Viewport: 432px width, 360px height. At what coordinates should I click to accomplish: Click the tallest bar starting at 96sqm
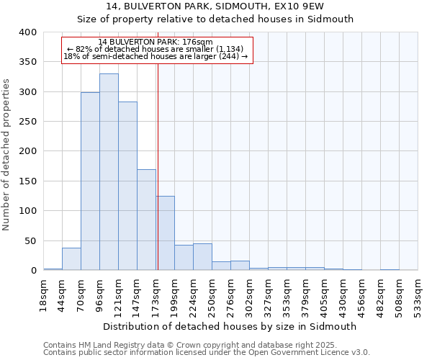[x=109, y=172]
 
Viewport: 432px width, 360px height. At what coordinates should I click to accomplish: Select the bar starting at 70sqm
[x=90, y=181]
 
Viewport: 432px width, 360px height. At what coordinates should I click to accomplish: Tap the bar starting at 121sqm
[x=127, y=186]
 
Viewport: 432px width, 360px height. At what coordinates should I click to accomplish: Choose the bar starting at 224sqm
[x=202, y=257]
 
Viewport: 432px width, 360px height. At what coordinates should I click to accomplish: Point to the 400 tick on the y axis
[x=27, y=32]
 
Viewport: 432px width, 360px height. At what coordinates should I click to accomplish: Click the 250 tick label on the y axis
[x=27, y=122]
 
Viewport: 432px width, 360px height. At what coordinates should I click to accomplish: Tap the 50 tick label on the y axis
[x=30, y=240]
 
